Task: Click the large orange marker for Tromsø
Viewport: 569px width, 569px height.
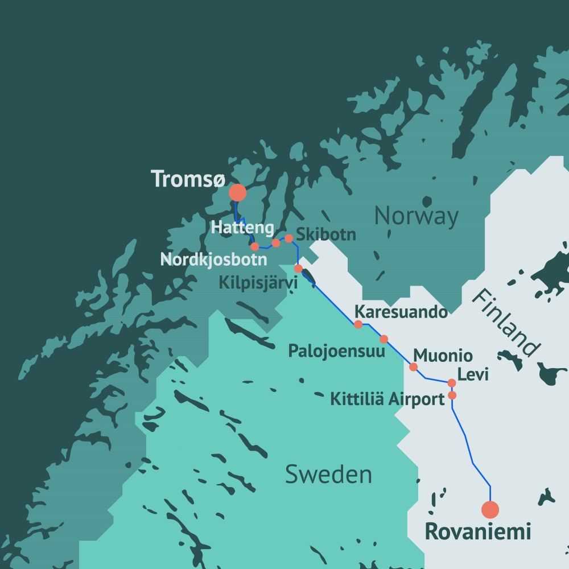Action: [x=237, y=193]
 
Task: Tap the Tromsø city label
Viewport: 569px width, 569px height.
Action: [x=187, y=179]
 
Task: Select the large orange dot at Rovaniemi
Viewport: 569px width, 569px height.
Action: [x=490, y=509]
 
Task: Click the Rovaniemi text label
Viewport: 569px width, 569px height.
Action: [x=478, y=532]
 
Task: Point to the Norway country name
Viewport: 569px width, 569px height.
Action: [x=416, y=216]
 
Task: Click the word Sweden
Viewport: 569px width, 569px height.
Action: [x=328, y=474]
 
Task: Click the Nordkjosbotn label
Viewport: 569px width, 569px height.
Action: [x=213, y=260]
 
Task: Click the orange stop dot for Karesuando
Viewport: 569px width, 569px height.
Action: [x=358, y=324]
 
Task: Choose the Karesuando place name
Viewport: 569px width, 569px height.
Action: [x=401, y=312]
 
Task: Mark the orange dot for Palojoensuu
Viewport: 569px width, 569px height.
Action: [x=384, y=339]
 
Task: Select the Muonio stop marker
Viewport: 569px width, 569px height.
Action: [x=414, y=367]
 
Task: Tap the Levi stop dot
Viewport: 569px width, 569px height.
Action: [x=452, y=383]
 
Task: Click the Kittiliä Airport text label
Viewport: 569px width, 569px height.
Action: [x=387, y=399]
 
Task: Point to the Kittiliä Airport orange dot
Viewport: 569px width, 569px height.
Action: [x=452, y=395]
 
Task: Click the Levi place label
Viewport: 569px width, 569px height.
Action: [x=474, y=376]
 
